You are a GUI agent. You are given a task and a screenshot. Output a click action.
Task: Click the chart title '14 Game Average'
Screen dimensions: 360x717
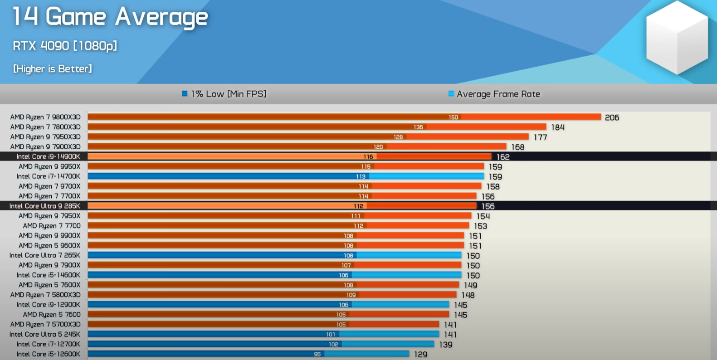110,17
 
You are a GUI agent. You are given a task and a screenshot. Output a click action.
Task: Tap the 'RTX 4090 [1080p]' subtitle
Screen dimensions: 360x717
65,46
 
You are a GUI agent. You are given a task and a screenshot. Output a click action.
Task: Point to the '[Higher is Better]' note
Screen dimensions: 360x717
53,69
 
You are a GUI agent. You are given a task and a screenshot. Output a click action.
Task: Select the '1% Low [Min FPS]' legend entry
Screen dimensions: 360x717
224,94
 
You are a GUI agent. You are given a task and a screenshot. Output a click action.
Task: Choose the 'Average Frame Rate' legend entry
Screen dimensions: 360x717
494,94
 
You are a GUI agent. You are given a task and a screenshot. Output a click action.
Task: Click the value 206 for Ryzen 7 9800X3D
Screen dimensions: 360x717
612,118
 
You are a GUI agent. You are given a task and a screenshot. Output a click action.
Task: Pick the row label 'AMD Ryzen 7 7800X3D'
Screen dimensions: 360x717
45,127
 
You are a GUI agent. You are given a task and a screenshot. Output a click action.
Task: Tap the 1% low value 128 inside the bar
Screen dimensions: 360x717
398,137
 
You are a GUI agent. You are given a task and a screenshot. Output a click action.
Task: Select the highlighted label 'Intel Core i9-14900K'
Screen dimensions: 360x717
48,156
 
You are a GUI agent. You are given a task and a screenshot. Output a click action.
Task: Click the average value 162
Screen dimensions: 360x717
503,157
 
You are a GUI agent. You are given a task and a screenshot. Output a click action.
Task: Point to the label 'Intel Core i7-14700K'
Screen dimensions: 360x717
48,176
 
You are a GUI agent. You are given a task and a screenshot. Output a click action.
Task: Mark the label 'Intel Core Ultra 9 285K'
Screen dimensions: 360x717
44,206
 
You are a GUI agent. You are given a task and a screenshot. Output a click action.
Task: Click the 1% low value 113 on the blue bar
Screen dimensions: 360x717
361,177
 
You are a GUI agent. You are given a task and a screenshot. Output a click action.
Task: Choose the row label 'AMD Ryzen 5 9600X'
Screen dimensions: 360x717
49,246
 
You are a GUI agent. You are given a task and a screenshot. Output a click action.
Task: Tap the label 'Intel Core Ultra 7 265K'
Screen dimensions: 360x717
44,255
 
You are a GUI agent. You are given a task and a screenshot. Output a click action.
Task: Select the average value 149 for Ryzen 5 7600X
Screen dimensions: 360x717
470,286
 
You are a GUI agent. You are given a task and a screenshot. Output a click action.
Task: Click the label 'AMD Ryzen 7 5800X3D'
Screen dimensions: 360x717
45,295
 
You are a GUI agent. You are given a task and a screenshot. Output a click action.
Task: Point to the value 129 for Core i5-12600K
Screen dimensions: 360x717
420,355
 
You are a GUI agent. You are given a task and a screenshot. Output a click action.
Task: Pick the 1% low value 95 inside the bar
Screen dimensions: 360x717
317,355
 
